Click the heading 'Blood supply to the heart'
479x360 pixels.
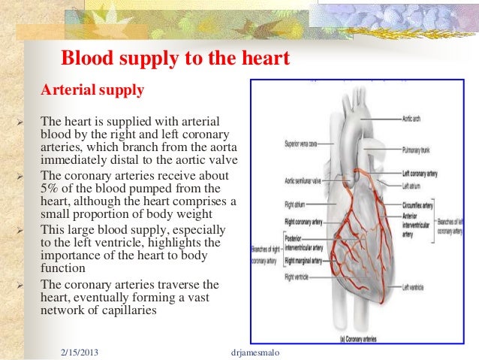[x=174, y=58]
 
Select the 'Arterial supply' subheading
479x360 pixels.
[x=92, y=91]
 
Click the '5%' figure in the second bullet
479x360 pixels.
[x=49, y=188]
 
